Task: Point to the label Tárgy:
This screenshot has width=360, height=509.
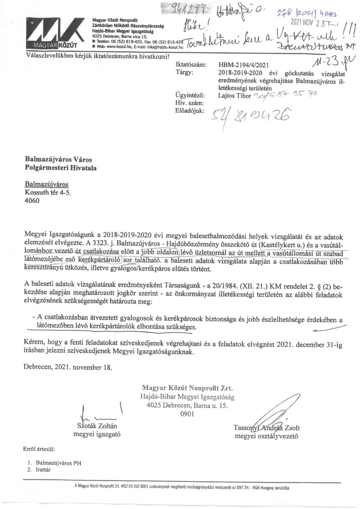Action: click(183, 73)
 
